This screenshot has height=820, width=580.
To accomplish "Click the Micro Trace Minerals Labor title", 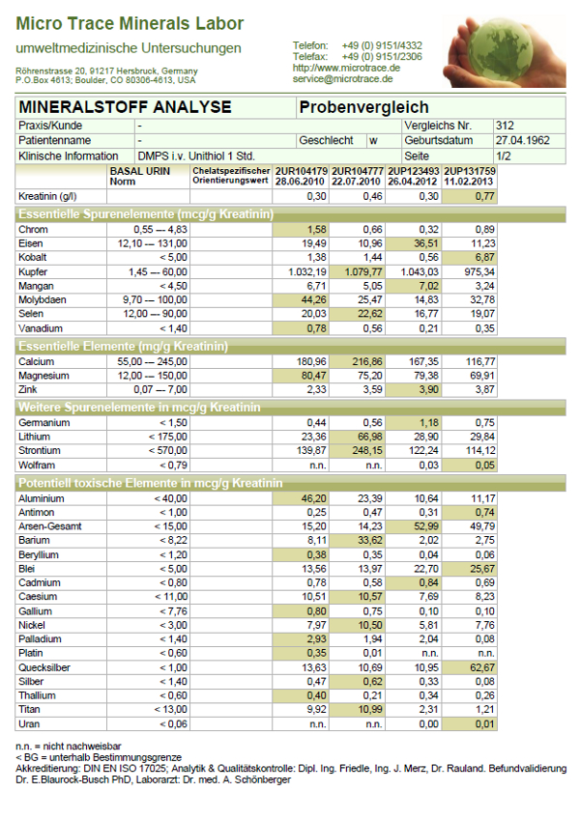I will point(130,24).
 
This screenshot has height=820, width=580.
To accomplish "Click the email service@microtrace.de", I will point(347,79).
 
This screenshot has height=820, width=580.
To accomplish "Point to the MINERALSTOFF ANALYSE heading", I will point(125,106).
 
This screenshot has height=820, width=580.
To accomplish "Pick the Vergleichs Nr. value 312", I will point(504,126).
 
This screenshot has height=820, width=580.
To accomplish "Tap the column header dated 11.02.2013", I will point(470,182).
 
